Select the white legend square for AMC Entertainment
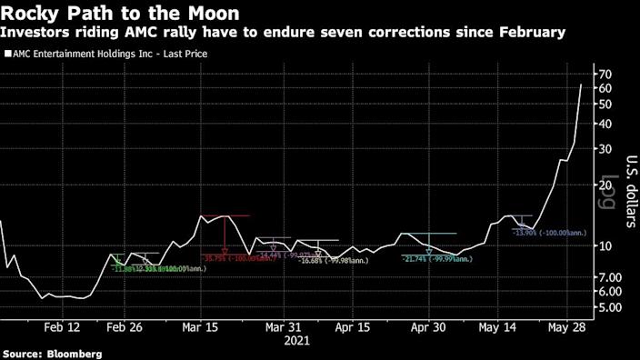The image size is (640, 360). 8,55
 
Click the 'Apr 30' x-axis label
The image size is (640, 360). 426,328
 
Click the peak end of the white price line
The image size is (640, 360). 582,85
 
